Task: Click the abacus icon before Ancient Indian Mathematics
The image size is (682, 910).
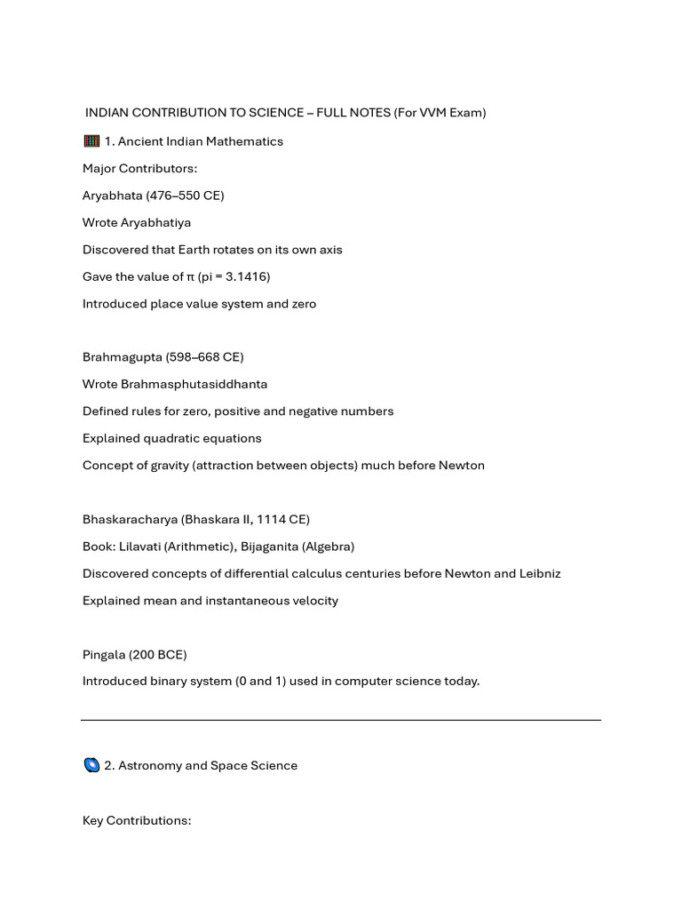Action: [91, 141]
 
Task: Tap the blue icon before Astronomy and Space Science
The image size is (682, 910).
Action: [91, 765]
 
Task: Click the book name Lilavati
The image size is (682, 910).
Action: [142, 547]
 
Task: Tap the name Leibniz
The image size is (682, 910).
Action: [536, 573]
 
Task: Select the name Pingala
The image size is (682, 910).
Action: [104, 655]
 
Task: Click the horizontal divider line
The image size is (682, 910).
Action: [341, 720]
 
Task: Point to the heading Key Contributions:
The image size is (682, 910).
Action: [137, 820]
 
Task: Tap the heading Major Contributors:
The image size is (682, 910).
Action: [139, 168]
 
